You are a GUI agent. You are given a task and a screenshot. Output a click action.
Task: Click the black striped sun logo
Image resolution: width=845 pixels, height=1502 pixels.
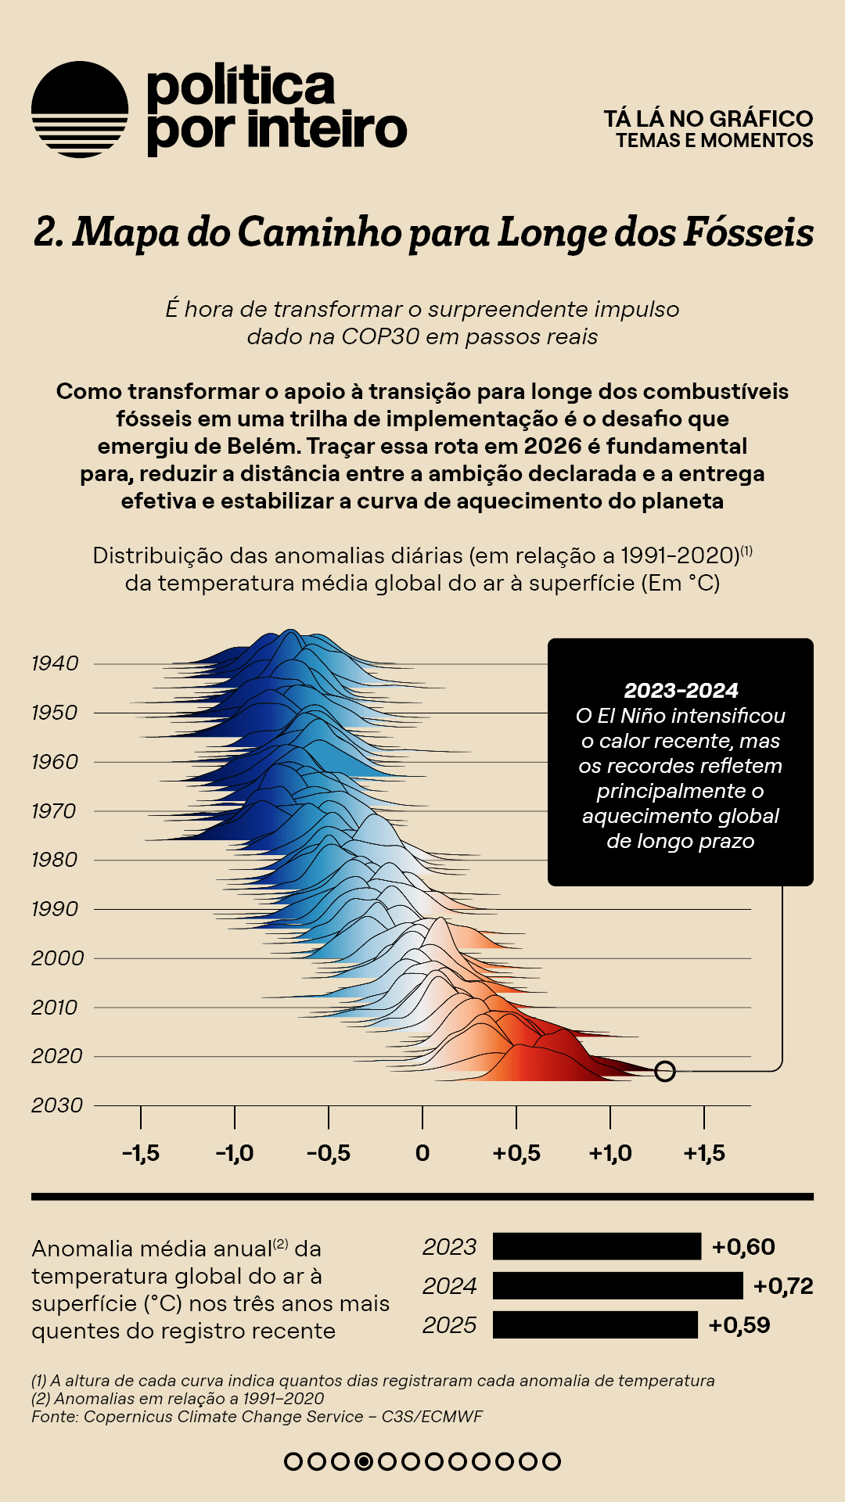coord(80,110)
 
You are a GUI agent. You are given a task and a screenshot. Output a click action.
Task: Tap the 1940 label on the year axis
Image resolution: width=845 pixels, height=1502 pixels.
coord(55,663)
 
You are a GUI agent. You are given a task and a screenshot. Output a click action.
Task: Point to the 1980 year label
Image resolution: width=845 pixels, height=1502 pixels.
coord(55,860)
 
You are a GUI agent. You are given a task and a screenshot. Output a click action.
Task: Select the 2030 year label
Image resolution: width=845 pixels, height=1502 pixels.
coord(56,1105)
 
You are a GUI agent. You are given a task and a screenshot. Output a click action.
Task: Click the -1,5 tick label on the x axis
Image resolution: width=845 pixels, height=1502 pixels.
coord(141,1153)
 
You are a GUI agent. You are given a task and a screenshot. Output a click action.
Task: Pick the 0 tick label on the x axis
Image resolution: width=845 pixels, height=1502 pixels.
coord(422,1153)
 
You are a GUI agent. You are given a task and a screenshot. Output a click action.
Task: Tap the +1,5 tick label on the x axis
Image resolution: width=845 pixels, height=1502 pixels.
coord(704,1153)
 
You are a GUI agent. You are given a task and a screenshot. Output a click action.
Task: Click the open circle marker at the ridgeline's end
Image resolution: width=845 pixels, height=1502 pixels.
coord(664,1071)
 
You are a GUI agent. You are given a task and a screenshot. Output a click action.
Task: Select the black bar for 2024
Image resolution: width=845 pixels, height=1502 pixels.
coord(617,1285)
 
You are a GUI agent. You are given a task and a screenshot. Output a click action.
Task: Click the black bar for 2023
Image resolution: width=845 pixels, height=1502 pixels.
coord(597,1246)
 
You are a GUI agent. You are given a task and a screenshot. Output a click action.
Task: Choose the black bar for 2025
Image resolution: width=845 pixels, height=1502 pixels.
coord(595,1324)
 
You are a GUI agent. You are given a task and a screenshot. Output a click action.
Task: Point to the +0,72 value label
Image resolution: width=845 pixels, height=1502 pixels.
coord(783,1286)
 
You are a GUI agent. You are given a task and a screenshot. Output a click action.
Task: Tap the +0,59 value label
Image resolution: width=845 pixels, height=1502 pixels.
coord(739,1325)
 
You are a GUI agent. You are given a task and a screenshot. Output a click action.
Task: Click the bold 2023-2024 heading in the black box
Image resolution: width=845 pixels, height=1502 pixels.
coord(681,691)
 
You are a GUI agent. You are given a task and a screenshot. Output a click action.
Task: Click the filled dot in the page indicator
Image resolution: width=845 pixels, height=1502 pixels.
coord(363,1461)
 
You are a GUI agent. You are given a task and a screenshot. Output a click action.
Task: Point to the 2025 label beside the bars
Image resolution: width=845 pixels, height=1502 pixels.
coord(449,1325)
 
